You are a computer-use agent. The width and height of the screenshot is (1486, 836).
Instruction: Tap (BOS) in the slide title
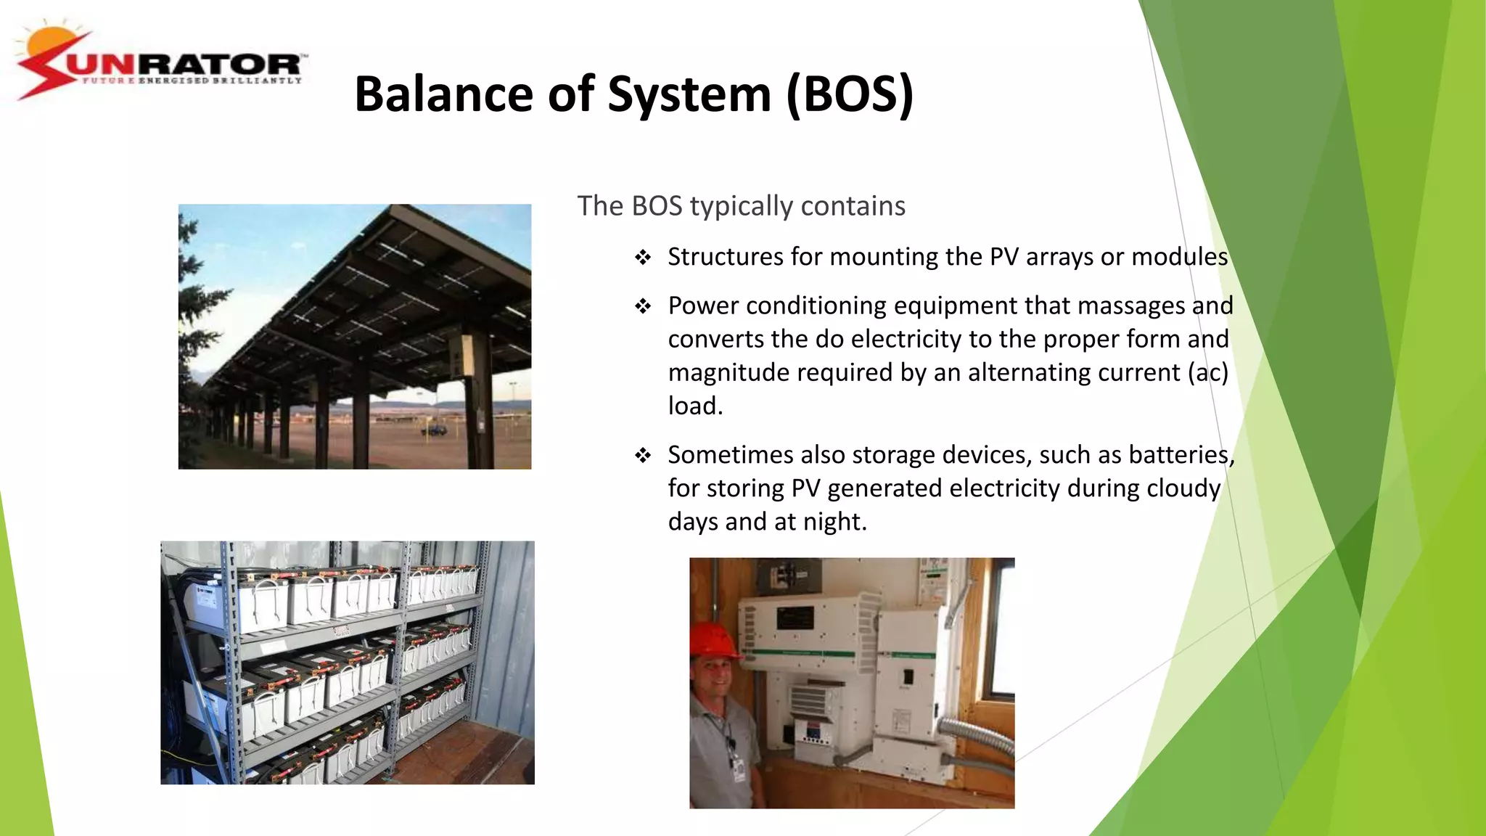coord(850,94)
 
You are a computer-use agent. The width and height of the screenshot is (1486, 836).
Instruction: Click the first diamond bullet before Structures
coord(643,258)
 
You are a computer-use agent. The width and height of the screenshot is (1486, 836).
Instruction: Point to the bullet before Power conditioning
coord(643,306)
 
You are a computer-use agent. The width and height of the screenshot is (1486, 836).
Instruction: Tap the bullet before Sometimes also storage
coord(643,456)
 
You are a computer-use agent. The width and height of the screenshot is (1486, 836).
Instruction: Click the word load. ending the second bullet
coord(695,406)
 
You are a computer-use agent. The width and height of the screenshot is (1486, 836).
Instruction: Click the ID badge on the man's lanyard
coord(738,769)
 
